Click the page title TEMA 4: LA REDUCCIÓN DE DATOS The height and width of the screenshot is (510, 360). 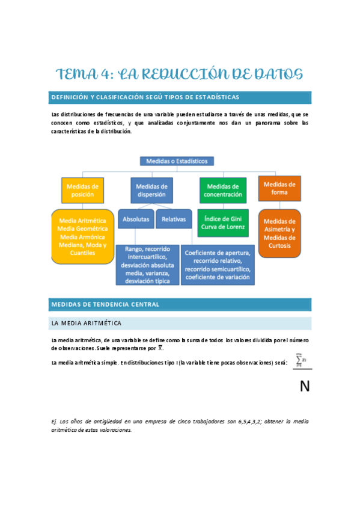[x=179, y=75]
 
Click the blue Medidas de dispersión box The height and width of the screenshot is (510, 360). [x=151, y=190]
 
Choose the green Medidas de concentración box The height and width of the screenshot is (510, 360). [x=222, y=190]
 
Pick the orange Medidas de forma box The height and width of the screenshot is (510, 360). [x=279, y=188]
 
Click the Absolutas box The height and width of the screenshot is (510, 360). [x=136, y=220]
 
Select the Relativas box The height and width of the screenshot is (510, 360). [x=174, y=220]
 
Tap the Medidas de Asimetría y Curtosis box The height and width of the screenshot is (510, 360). [x=279, y=233]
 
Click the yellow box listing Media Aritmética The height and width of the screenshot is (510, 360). [x=82, y=236]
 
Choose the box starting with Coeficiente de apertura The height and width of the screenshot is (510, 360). [x=218, y=265]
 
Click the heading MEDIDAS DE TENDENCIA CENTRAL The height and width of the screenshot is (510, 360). [x=105, y=304]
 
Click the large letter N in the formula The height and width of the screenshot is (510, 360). [x=305, y=386]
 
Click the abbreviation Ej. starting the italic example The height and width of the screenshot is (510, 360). [x=55, y=422]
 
